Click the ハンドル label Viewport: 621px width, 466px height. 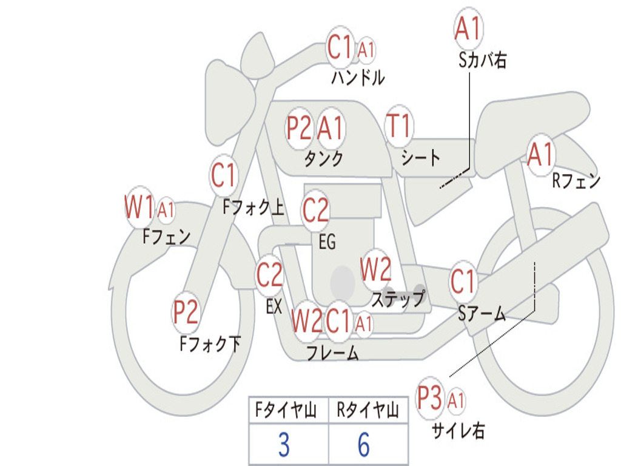point(358,78)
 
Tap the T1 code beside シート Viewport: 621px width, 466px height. point(398,126)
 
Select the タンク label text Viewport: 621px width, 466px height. point(323,158)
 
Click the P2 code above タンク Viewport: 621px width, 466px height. point(299,128)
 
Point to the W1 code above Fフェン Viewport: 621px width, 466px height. point(139,208)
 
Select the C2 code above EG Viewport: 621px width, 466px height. point(315,210)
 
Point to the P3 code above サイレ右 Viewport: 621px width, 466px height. point(429,399)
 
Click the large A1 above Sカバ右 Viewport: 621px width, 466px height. point(468,29)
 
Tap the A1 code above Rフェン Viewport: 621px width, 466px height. point(540,154)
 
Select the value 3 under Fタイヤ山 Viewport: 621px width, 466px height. point(283,445)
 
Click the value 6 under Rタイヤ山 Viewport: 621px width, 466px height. point(364,445)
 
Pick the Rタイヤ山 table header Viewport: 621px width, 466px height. point(368,411)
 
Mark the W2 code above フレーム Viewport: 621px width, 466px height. point(306,321)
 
